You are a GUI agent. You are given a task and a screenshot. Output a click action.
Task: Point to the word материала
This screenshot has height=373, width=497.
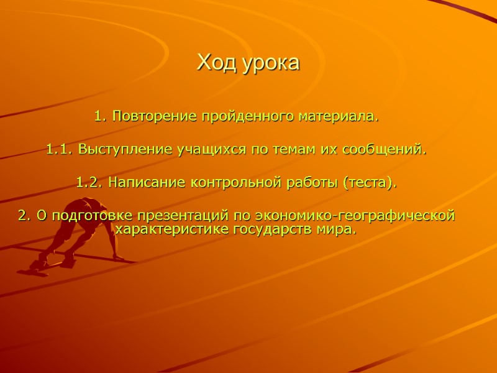click(337, 116)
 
